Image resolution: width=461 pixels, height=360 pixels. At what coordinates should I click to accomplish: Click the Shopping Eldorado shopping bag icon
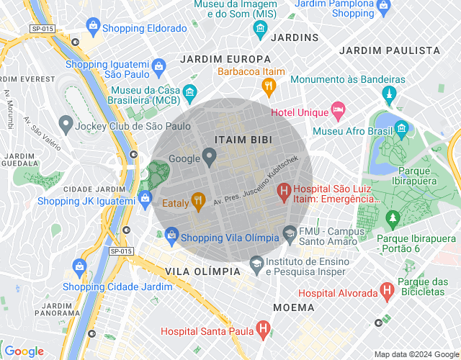(x=92, y=27)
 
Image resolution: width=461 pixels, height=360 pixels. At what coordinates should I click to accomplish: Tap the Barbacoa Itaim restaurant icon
(x=269, y=87)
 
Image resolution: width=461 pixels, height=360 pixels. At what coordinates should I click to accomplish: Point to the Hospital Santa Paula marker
(x=264, y=331)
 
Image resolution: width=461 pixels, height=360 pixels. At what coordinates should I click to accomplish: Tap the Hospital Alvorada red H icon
(x=387, y=292)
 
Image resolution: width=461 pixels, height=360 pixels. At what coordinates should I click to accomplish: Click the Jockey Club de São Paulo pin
(x=66, y=126)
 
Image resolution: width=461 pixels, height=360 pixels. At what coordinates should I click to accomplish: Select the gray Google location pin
(x=210, y=156)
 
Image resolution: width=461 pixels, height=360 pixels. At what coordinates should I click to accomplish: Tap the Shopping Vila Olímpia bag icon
(x=171, y=235)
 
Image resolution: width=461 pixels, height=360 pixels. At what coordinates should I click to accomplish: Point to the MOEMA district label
(x=293, y=307)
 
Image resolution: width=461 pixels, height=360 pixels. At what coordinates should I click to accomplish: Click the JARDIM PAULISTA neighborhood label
(x=389, y=50)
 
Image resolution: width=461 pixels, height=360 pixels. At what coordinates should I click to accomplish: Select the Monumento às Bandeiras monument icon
(x=388, y=94)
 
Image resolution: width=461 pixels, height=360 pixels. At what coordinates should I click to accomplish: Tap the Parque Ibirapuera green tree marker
(x=393, y=217)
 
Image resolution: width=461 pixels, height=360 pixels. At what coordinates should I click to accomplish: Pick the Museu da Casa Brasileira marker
(x=189, y=92)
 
